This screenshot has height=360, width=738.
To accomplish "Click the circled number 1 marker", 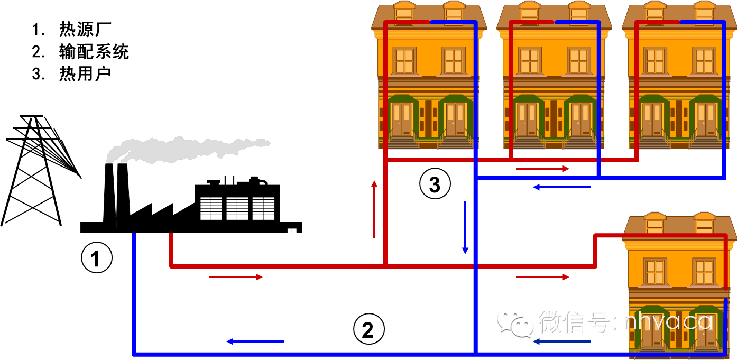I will coord(96,259).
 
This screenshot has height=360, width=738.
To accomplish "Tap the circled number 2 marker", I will coord(368,330).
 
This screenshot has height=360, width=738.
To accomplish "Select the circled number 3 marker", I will coord(435,184).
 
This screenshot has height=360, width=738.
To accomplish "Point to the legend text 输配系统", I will coord(94,52).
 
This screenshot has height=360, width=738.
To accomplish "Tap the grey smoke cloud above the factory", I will coord(185,148).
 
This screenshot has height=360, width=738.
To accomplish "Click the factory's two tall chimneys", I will coord(116,196).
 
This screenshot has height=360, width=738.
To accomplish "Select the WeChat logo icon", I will coord(515,323).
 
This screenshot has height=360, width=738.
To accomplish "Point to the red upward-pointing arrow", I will coord(374,209).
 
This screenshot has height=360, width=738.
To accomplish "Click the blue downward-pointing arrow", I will coord(465,227).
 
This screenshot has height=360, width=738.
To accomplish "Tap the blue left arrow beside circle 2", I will coord(255,341).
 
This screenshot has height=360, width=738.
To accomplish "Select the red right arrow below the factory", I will coord(236,277).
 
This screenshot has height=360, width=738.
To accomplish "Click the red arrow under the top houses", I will coord(542,169).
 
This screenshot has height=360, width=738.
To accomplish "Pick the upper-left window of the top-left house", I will coord(404,60).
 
